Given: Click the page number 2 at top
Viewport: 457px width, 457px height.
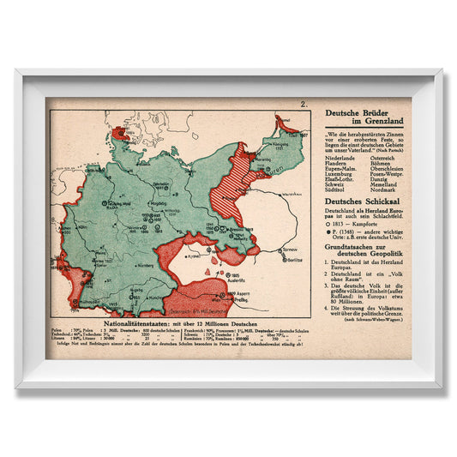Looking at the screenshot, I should (304, 105).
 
